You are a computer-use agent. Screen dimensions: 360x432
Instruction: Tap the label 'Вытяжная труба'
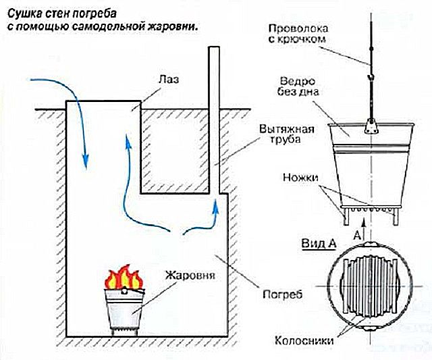tap(275, 134)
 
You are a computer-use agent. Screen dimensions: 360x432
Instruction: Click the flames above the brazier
tap(122, 277)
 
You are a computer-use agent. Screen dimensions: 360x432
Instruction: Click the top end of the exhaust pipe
tap(215, 49)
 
